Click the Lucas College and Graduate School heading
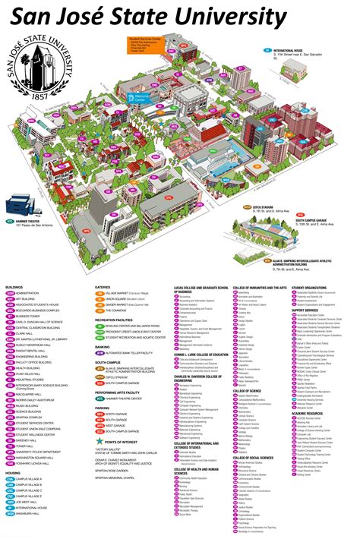pos(201,288)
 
